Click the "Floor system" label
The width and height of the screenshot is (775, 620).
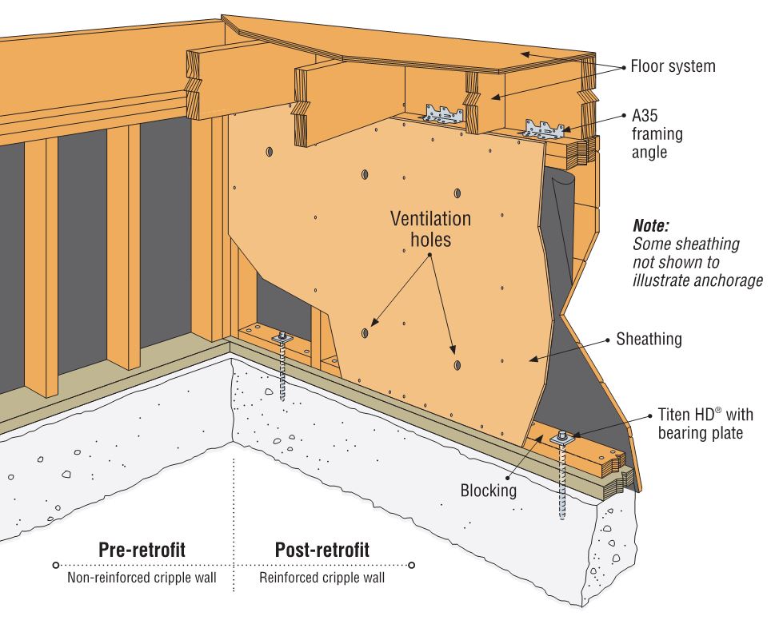pyautogui.click(x=673, y=66)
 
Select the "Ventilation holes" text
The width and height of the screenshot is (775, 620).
pyautogui.click(x=430, y=228)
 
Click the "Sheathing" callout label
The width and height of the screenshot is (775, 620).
pyautogui.click(x=649, y=339)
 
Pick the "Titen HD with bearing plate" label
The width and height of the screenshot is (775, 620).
pyautogui.click(x=700, y=423)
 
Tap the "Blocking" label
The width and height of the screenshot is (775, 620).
pyautogui.click(x=488, y=490)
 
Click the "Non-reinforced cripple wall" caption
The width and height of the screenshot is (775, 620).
pyautogui.click(x=142, y=577)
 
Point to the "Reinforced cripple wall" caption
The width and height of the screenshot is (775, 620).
pyautogui.click(x=322, y=577)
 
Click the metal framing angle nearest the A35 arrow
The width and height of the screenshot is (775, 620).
pyautogui.click(x=544, y=128)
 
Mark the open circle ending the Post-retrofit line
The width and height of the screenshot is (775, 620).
pyautogui.click(x=411, y=565)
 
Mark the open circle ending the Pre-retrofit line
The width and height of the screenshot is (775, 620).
pyautogui.click(x=55, y=565)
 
